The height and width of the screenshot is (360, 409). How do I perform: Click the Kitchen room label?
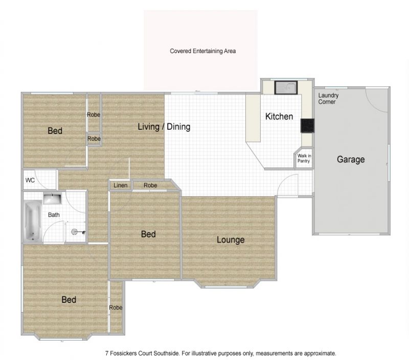[279, 116]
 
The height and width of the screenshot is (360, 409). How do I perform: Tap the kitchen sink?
[286, 87]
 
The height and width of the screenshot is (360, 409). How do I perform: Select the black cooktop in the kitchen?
[307, 126]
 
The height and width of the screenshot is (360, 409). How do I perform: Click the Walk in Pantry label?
[304, 158]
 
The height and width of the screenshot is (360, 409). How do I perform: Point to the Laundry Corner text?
[328, 99]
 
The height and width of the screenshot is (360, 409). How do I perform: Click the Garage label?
[351, 159]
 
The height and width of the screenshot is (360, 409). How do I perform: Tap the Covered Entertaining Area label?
[202, 51]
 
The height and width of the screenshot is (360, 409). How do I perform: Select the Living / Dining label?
[164, 127]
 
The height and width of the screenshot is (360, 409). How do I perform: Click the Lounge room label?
[231, 239]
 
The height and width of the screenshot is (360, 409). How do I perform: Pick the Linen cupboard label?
[121, 185]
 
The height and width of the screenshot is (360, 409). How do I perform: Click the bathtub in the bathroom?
[33, 221]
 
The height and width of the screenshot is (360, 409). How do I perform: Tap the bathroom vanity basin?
[52, 199]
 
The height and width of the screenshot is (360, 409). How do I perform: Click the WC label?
[30, 180]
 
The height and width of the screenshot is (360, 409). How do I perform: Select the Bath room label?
[54, 215]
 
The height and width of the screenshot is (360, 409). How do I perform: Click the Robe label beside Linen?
[150, 185]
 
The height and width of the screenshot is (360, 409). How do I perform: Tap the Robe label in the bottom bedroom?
[116, 307]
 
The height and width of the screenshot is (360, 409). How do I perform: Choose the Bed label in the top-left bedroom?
[55, 131]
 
